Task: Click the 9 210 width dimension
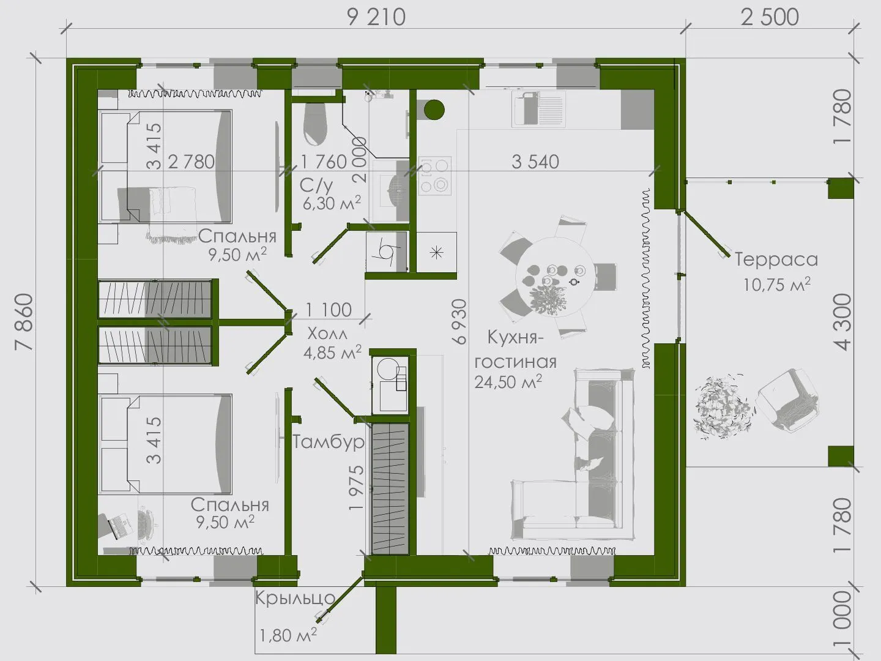[376, 18]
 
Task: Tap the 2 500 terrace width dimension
[770, 18]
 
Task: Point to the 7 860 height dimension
[24, 322]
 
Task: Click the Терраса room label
[776, 260]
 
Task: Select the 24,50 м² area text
[508, 382]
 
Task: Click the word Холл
[327, 334]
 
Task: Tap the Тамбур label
[329, 442]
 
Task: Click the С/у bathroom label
[316, 186]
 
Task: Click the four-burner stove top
[434, 176]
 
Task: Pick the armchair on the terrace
[787, 401]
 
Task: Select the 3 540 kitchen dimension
[535, 162]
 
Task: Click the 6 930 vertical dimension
[460, 321]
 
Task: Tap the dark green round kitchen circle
[434, 110]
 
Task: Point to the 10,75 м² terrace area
[776, 284]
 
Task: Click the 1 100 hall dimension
[329, 310]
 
